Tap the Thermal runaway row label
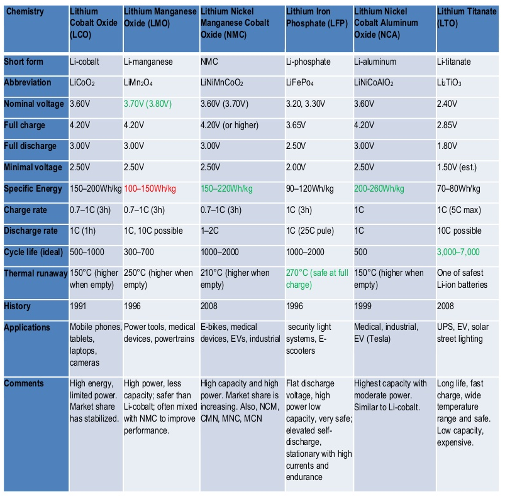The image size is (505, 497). (35, 273)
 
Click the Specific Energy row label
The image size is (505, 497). (33, 188)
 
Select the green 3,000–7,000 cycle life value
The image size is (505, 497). (458, 252)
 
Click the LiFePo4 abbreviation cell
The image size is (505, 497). (303, 83)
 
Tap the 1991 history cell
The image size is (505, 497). (79, 306)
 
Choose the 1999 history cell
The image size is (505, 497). (363, 306)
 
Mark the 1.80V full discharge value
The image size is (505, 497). (448, 146)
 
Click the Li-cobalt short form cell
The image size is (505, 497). (85, 62)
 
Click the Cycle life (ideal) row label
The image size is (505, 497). (35, 252)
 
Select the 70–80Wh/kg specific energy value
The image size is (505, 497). (458, 188)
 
